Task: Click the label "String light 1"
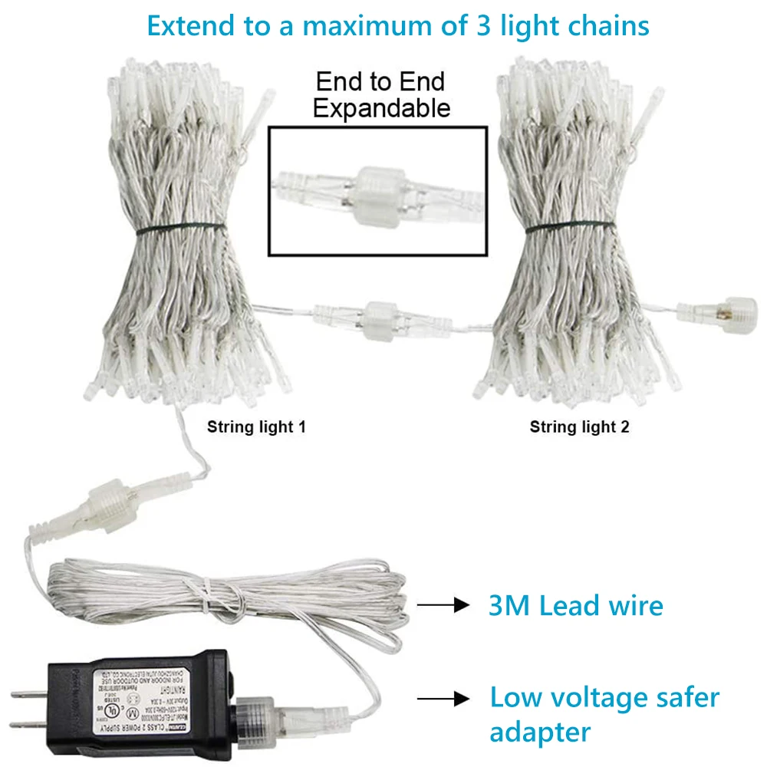256,427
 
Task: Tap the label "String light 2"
579,427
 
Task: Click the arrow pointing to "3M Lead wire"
443,605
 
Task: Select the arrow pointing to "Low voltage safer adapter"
443,698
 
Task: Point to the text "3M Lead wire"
575,605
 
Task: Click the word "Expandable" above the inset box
381,108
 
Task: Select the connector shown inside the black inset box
377,191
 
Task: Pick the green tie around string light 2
568,228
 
